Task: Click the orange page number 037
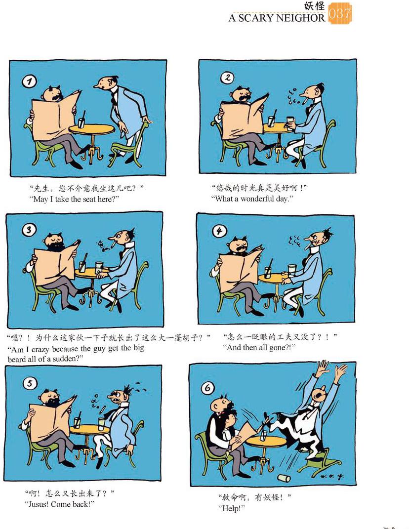[340, 13]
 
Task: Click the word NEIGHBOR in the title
[299, 18]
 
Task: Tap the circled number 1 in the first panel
[29, 81]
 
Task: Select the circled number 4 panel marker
[219, 231]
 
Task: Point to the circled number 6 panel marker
[208, 388]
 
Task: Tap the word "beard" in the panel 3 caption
[16, 359]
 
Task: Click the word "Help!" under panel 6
[232, 508]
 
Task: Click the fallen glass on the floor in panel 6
[284, 478]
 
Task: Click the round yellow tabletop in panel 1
[91, 129]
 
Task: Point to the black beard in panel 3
[55, 246]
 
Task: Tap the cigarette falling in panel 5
[102, 410]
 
